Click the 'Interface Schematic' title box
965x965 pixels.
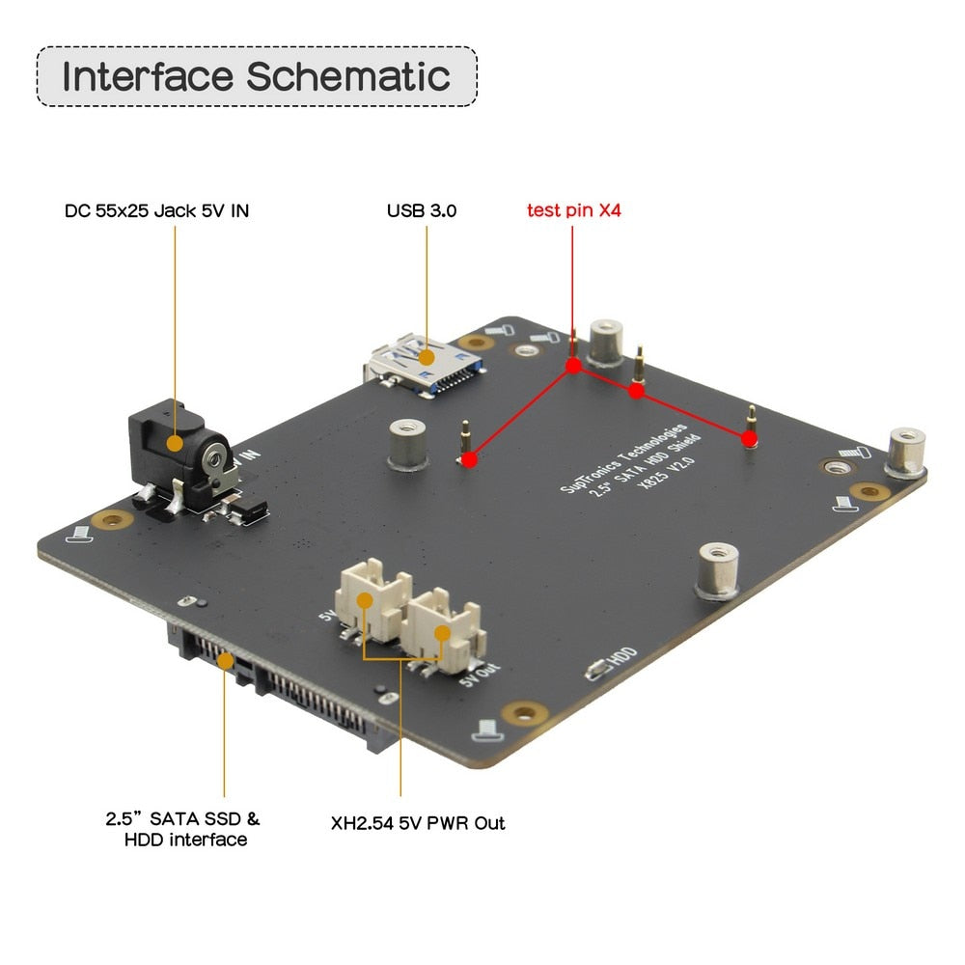tap(257, 76)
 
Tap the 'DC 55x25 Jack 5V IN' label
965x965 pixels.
tap(156, 209)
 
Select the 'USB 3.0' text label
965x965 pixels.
tap(422, 209)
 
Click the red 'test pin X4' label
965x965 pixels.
tap(574, 209)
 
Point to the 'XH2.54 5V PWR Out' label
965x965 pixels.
tap(418, 823)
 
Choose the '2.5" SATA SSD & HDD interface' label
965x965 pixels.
tap(183, 829)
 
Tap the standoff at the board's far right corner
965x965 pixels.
tap(906, 453)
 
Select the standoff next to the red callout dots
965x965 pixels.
tap(607, 344)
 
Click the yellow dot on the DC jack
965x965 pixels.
tap(175, 444)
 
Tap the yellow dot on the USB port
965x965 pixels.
tap(427, 356)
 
